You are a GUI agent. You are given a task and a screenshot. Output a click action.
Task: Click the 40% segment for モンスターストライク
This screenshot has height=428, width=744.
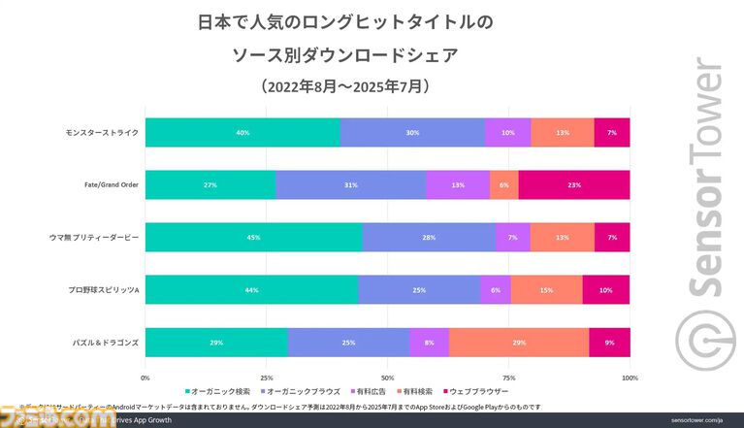(x=243, y=133)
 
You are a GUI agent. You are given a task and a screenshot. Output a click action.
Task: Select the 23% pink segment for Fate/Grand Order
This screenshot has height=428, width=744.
(x=574, y=185)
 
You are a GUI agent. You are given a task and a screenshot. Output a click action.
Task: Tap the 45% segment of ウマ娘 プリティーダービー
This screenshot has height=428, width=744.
(x=253, y=238)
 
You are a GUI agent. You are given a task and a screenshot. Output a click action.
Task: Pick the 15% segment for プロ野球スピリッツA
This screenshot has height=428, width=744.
(x=546, y=290)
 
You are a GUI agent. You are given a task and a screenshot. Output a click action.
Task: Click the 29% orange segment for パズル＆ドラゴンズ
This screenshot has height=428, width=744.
(x=518, y=343)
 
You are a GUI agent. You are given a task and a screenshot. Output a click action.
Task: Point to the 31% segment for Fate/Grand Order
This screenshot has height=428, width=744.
(x=350, y=185)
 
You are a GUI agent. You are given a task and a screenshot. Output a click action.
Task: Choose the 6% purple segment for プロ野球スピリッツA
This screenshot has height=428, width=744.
(x=496, y=290)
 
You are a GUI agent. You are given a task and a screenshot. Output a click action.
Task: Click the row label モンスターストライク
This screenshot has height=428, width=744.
(x=102, y=133)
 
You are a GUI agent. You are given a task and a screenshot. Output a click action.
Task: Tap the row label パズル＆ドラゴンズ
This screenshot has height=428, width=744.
(x=106, y=343)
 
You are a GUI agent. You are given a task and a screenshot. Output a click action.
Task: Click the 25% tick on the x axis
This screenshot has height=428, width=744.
(x=266, y=378)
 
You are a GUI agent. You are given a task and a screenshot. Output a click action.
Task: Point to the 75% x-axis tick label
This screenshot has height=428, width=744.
(x=508, y=378)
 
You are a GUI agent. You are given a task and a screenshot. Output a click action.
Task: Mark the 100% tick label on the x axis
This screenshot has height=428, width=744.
(x=629, y=378)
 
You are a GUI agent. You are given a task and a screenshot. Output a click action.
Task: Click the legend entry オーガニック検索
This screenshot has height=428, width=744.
(x=218, y=391)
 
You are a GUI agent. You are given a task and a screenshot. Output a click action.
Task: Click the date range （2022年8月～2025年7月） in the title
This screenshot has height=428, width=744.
(x=345, y=86)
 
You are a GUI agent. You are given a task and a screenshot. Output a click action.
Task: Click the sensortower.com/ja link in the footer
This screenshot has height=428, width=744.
(x=695, y=420)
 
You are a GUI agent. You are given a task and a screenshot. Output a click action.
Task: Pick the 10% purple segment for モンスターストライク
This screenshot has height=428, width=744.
(x=507, y=133)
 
